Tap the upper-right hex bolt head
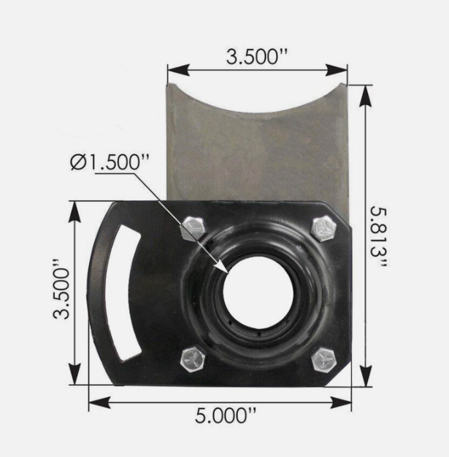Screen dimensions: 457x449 [x=323, y=229]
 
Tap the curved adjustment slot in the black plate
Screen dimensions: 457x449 [x=125, y=292]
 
